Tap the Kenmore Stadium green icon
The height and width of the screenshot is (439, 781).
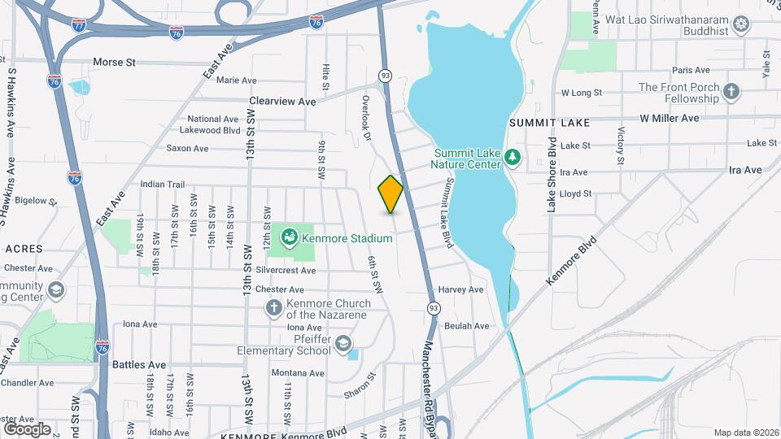[x=288, y=238]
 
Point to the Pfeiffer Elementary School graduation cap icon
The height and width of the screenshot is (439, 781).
[x=344, y=344]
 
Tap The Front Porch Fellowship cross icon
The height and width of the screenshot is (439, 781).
[x=731, y=92]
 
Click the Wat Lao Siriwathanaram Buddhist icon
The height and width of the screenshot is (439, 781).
[x=741, y=25]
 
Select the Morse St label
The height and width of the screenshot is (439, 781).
[x=114, y=62]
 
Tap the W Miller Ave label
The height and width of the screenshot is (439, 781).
[x=669, y=118]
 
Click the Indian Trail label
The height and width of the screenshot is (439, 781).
[x=159, y=185]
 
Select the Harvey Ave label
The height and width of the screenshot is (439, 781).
[x=460, y=289]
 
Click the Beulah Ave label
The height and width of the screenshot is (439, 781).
[x=467, y=326]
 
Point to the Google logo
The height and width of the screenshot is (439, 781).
[x=26, y=428]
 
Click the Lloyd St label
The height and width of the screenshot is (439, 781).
[x=576, y=193]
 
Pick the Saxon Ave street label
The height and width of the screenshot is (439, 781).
[x=187, y=148]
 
